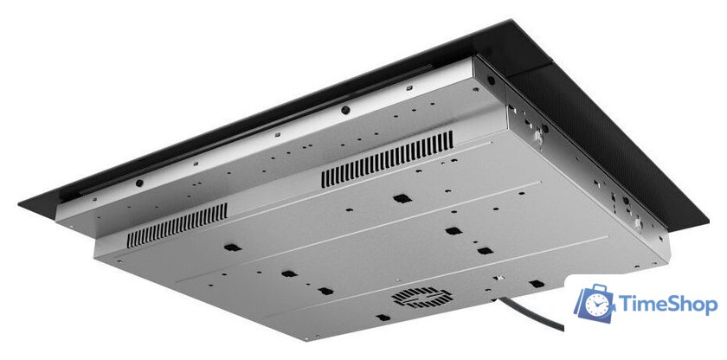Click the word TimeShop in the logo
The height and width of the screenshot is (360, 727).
(667, 305)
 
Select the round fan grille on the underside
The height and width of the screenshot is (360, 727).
(422, 297)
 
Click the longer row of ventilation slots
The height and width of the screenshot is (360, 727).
(387, 159)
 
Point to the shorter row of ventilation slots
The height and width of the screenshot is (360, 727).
(177, 225)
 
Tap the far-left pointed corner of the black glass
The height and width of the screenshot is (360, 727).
(19, 204)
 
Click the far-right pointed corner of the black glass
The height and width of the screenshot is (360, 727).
(708, 220)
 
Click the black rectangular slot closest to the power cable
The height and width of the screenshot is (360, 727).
(536, 284)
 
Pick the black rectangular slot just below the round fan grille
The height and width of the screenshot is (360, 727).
(383, 318)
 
